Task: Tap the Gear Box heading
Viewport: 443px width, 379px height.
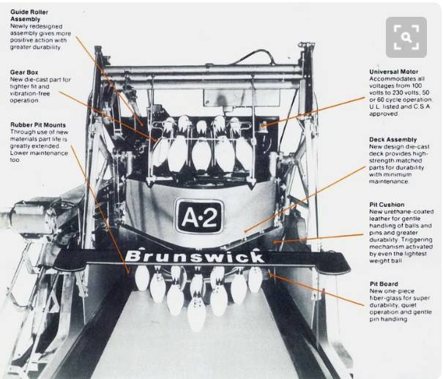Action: click(24, 72)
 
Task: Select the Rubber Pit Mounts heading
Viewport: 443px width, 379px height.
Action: click(38, 124)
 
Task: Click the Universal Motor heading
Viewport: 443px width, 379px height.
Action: click(393, 72)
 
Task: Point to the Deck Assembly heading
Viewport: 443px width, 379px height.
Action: click(393, 140)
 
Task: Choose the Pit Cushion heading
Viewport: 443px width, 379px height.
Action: click(387, 205)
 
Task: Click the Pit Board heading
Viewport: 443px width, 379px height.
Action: click(384, 284)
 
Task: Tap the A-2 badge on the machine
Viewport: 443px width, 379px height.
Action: click(199, 216)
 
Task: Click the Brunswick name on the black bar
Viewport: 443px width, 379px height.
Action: click(195, 256)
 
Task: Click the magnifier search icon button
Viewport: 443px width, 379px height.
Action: click(406, 37)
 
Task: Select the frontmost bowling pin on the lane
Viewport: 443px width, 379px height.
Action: click(197, 314)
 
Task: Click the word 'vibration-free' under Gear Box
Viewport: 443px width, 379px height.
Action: click(30, 94)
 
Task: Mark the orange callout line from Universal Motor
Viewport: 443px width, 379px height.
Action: click(314, 112)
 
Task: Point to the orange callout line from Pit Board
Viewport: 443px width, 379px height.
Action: click(317, 290)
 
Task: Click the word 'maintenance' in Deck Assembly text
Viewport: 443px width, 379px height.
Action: click(389, 181)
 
